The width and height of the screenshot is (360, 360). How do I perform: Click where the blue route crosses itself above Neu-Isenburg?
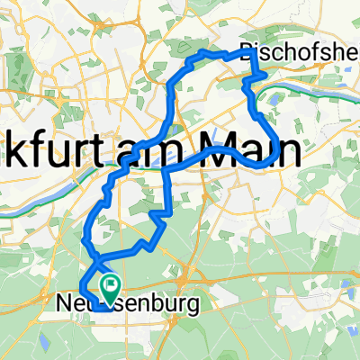click(x=94, y=253)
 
